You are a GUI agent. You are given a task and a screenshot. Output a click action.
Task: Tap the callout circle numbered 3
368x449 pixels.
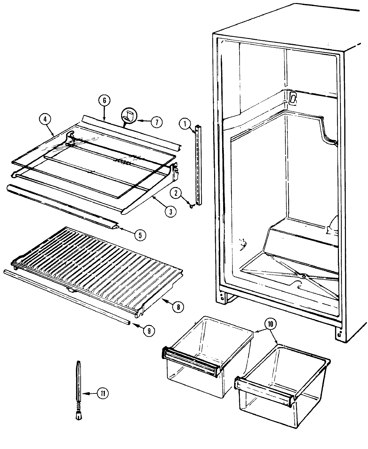tap(171, 211)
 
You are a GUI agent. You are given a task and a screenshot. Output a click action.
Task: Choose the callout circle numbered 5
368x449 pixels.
tap(140, 235)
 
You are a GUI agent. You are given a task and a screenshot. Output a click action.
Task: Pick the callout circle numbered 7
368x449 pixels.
tap(156, 122)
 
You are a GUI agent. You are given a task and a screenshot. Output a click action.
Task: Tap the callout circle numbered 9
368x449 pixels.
tap(149, 331)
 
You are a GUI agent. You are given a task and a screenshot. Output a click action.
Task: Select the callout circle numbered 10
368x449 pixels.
tap(271, 324)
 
